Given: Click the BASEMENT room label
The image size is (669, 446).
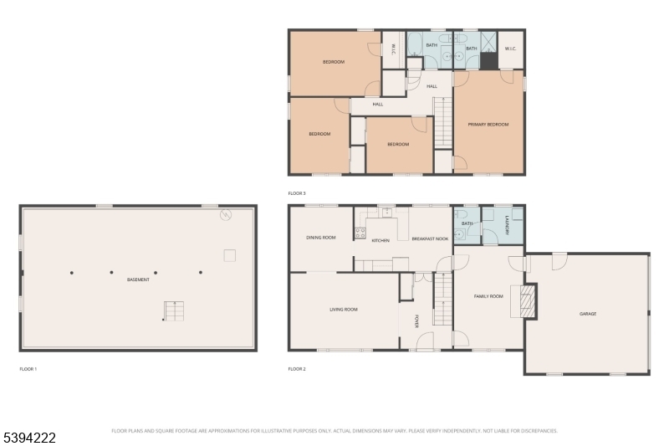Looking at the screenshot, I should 139,279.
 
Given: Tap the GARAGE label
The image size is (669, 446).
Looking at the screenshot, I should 588,314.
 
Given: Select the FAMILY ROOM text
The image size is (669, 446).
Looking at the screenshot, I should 488,296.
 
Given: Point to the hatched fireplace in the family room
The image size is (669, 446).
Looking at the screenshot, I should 526,302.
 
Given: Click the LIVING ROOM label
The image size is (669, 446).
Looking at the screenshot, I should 343,310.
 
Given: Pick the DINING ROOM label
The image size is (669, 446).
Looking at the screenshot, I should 320,238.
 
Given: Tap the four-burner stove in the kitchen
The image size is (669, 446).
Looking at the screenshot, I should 360,233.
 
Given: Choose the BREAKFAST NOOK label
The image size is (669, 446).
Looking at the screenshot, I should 430,239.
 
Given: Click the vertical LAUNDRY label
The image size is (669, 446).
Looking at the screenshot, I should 507,224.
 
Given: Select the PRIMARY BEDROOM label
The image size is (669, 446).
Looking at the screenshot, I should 488,125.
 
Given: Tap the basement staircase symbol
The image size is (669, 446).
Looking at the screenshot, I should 174,311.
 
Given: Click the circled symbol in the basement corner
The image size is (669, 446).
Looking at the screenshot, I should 225,216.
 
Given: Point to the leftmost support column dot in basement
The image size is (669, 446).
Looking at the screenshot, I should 72,272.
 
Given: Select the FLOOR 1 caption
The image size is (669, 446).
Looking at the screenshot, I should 28,368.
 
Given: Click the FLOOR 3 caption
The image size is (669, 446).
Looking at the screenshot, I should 297,193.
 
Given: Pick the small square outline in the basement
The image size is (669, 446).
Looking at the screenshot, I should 229,255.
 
